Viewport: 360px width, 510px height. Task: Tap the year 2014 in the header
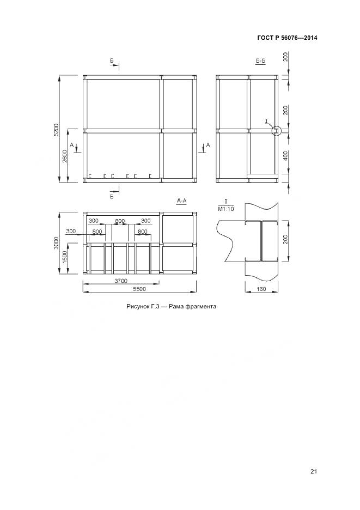tap(310, 38)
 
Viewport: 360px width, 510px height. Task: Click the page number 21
tap(314, 472)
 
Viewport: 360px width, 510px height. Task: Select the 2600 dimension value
tap(65, 156)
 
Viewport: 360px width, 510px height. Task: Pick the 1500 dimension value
tap(65, 257)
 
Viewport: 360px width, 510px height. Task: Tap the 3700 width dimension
tap(121, 281)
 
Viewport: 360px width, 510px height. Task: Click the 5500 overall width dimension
tap(139, 289)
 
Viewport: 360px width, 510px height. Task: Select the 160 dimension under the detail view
tap(261, 289)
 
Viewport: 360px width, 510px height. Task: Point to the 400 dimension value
tap(286, 156)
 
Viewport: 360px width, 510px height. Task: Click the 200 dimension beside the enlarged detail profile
tap(286, 240)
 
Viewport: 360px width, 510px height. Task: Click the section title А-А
tap(181, 201)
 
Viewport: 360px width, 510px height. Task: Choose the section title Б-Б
tap(261, 61)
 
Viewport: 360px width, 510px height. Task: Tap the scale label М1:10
tap(225, 209)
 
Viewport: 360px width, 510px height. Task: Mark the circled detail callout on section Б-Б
tap(276, 131)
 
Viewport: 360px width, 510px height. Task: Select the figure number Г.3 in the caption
tap(155, 306)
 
